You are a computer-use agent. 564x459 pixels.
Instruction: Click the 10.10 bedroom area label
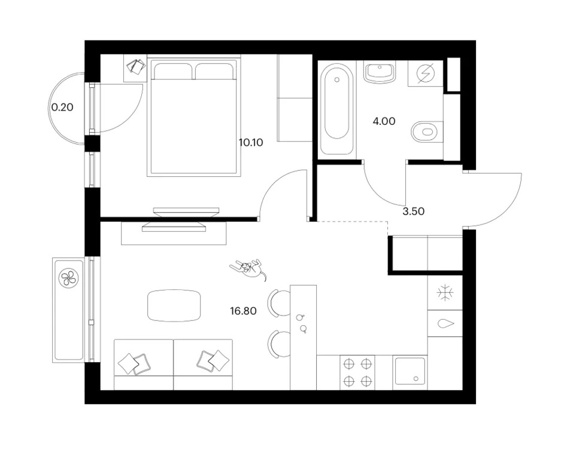pyautogui.click(x=251, y=143)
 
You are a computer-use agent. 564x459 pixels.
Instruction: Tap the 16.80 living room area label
pyautogui.click(x=244, y=311)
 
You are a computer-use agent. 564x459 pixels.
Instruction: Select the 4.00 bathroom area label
pyautogui.click(x=384, y=121)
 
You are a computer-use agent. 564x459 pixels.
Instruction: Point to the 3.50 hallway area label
pyautogui.click(x=413, y=212)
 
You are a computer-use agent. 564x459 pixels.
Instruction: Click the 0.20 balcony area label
pyautogui.click(x=63, y=107)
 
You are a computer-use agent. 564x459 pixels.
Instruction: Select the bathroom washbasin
pyautogui.click(x=380, y=72)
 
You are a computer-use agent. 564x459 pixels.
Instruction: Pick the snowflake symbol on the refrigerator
pyautogui.click(x=445, y=293)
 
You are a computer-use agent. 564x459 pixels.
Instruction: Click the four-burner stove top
pyautogui.click(x=357, y=372)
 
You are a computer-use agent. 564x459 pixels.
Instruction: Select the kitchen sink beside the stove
pyautogui.click(x=410, y=372)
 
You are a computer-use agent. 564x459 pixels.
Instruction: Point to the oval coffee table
pyautogui.click(x=174, y=305)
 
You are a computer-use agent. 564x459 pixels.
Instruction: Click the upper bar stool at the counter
pyautogui.click(x=279, y=304)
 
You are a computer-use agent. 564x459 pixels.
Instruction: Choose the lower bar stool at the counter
pyautogui.click(x=279, y=344)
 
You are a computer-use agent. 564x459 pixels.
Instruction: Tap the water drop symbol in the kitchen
pyautogui.click(x=445, y=323)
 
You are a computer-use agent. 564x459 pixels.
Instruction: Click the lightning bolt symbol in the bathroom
pyautogui.click(x=426, y=74)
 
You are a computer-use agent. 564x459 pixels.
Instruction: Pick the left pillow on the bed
pyautogui.click(x=172, y=71)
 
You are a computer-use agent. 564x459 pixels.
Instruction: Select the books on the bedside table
pyautogui.click(x=135, y=67)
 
